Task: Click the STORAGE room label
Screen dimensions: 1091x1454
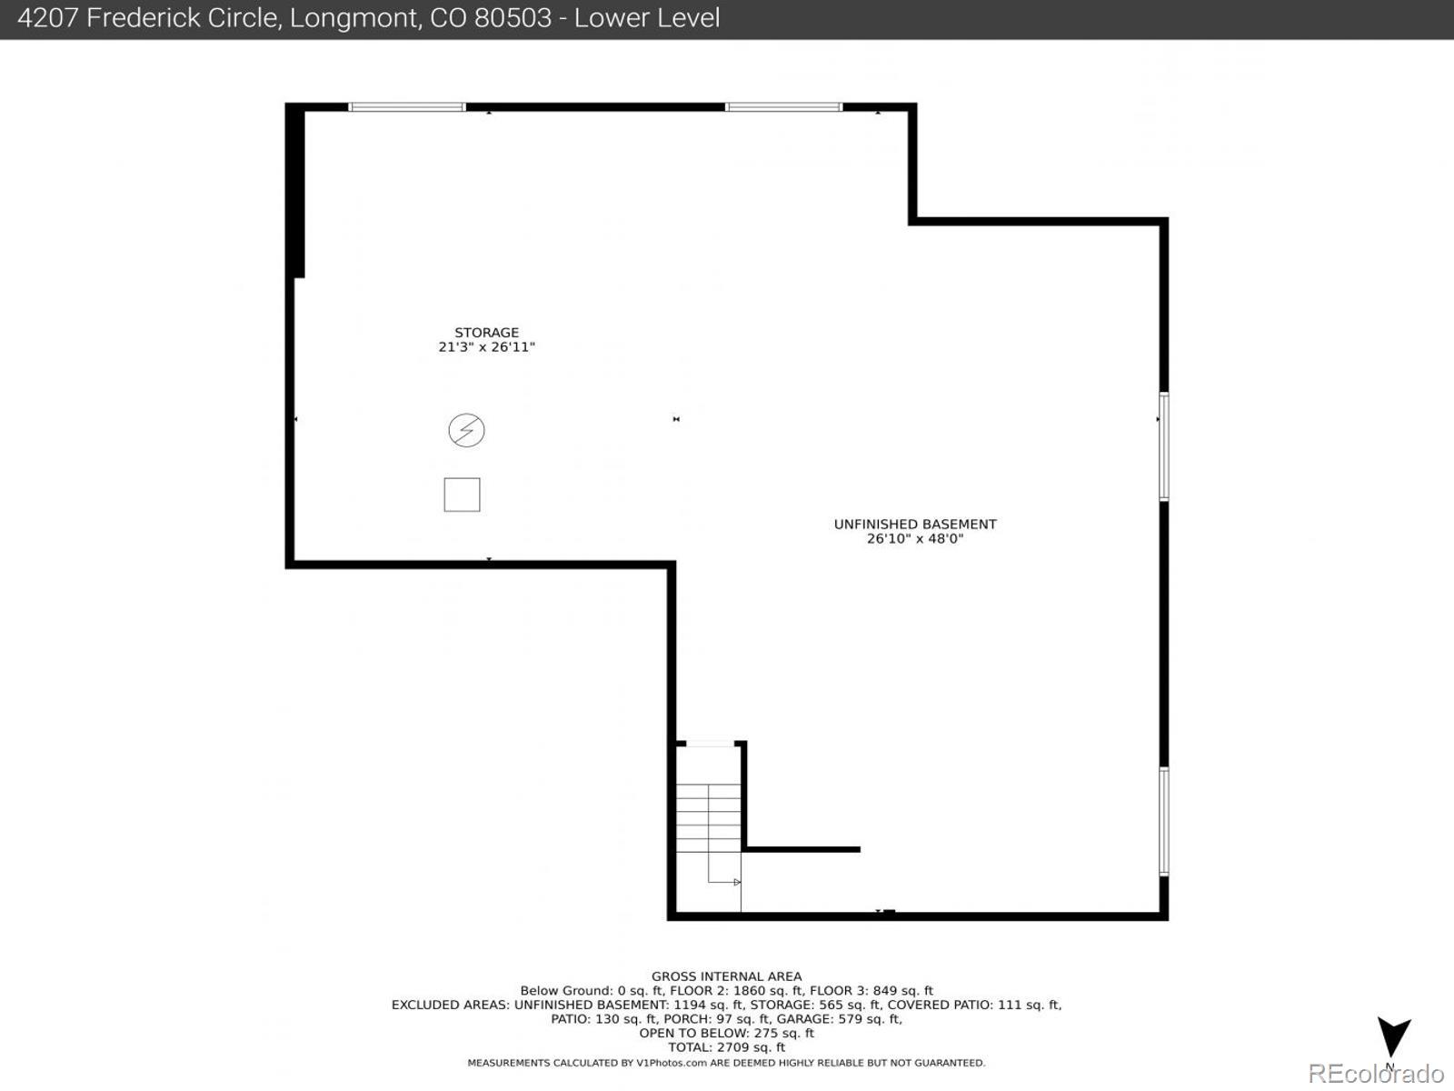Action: click(486, 333)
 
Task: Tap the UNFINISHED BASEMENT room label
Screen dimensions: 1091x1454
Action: click(915, 525)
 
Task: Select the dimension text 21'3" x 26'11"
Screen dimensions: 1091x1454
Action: click(486, 347)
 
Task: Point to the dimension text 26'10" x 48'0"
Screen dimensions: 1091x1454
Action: click(915, 539)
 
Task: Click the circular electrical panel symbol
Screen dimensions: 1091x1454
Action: click(466, 430)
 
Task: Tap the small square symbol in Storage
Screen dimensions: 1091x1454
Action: click(462, 495)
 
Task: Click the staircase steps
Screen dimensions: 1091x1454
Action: click(708, 818)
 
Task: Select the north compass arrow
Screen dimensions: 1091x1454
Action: click(1393, 1036)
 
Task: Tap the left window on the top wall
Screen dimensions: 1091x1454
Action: click(407, 107)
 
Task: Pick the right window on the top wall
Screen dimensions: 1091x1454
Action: click(783, 107)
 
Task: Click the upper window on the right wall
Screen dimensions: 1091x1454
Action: click(1163, 446)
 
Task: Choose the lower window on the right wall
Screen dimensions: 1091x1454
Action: click(1163, 822)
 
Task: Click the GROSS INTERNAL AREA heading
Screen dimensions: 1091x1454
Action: click(726, 976)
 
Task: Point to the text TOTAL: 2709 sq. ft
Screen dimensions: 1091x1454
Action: click(726, 1047)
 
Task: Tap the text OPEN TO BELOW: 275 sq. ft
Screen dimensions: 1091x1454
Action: click(726, 1033)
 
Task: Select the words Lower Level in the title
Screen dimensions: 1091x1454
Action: click(647, 18)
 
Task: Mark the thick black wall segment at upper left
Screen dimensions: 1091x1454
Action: click(295, 191)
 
